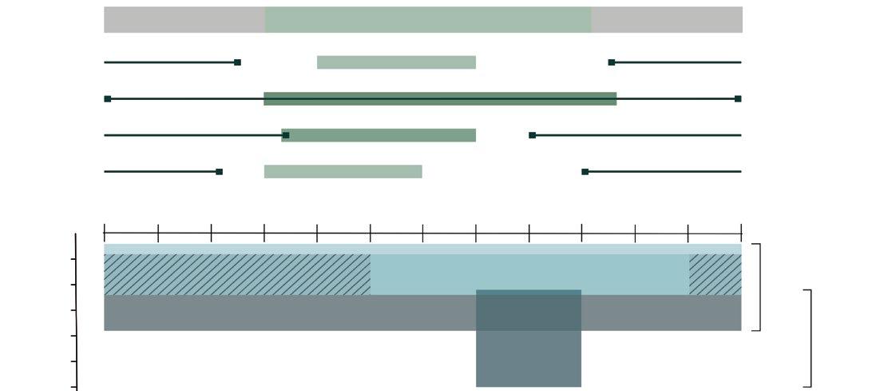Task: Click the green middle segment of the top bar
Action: pos(428,20)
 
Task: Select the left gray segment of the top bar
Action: pos(184,20)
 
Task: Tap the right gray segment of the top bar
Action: pos(667,20)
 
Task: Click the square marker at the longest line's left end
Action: pos(108,99)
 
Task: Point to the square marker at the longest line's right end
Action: pos(738,99)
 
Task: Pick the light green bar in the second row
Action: pos(396,62)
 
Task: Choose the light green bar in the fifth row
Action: pos(343,172)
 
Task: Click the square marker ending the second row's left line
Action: pos(237,62)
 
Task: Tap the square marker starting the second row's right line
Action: pos(612,62)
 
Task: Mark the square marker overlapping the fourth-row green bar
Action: pos(286,135)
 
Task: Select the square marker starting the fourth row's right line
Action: pos(533,135)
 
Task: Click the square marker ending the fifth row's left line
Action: pos(220,172)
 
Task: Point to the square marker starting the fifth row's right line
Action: pos(585,172)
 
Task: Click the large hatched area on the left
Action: pos(236,274)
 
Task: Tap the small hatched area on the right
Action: pos(715,274)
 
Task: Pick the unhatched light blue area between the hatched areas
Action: pos(529,272)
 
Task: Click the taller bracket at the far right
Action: pos(811,338)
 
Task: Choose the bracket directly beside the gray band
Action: pos(759,287)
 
